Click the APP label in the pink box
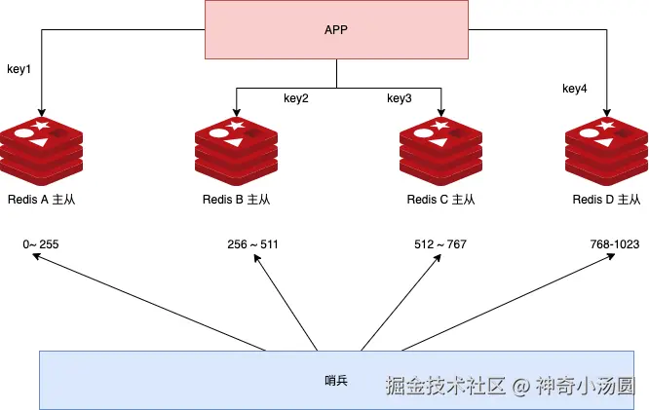coord(336,29)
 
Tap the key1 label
coord(19,70)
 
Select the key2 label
coord(296,98)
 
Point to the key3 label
coord(400,98)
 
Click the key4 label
coord(575,89)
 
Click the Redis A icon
coord(42,148)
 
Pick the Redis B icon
coord(235,148)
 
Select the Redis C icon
coord(440,148)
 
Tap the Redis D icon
coord(606,148)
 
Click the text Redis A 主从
coord(41,200)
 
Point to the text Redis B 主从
coord(235,200)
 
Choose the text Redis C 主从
coord(440,200)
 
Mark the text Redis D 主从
coord(606,200)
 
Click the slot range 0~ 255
coord(41,243)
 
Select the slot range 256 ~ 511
coord(251,243)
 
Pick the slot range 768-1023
coord(614,243)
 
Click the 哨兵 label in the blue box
coord(335,380)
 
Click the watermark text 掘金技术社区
coord(445,386)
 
